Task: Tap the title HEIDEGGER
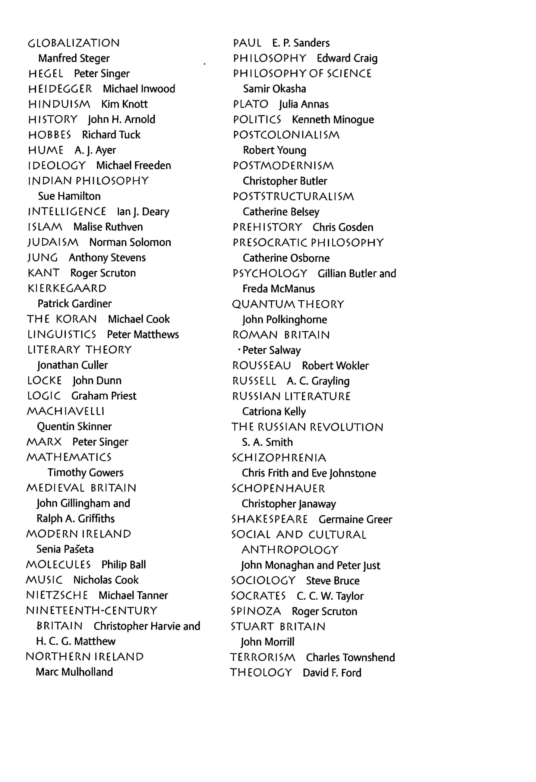coord(60,89)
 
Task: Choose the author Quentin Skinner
coord(74,426)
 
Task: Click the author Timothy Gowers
coord(85,472)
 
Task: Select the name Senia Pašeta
coord(65,549)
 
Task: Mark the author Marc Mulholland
coord(74,672)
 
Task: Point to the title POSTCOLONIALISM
coord(286,135)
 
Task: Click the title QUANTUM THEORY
coord(288,304)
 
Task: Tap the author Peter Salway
coord(271,350)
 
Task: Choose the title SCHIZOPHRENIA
coord(279,458)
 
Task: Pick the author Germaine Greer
coord(355,519)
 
